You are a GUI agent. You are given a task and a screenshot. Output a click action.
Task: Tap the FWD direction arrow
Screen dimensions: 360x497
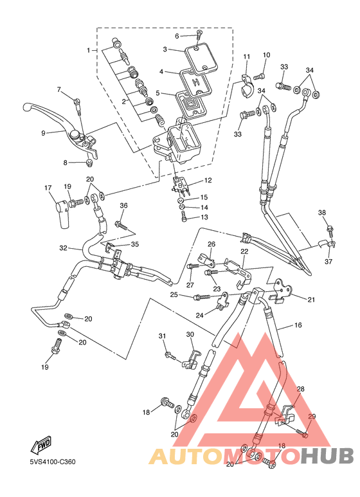click(x=41, y=444)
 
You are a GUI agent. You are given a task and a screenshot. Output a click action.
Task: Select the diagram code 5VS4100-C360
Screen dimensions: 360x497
click(x=53, y=462)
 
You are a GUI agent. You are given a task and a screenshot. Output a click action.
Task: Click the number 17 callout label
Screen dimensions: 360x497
click(x=48, y=188)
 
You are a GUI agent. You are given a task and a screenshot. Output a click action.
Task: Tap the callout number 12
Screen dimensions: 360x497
click(x=208, y=181)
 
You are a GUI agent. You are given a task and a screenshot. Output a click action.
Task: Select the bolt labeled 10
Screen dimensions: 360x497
click(x=259, y=76)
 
